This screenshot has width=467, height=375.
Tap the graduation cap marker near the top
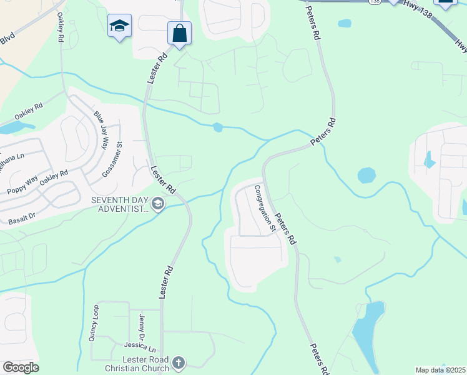(x=119, y=26)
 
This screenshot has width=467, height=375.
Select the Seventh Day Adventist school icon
(x=159, y=204)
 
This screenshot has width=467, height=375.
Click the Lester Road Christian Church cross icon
(x=179, y=362)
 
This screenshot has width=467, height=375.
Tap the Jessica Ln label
(x=139, y=346)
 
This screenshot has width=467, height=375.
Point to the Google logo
(x=21, y=367)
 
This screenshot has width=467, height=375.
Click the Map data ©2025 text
(x=440, y=370)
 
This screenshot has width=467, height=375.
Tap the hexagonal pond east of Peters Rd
(x=366, y=175)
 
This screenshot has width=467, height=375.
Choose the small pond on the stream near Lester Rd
(x=217, y=127)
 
